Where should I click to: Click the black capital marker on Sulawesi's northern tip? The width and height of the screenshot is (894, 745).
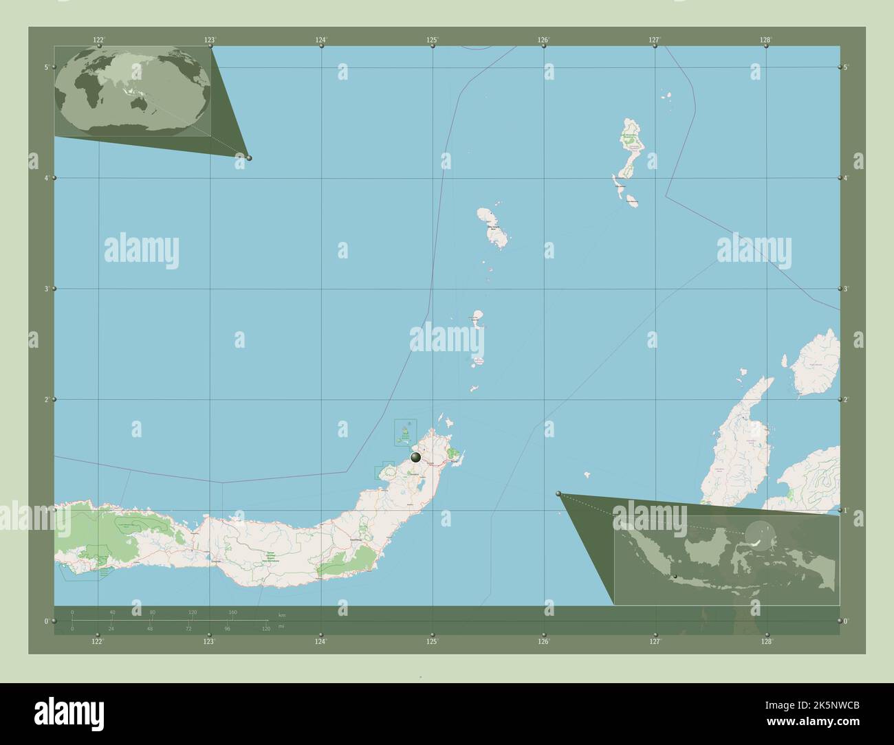(x=415, y=457)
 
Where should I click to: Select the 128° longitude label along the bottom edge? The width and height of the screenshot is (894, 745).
(x=766, y=641)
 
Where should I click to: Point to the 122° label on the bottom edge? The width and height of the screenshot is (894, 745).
(x=98, y=641)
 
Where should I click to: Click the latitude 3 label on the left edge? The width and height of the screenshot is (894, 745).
(x=46, y=289)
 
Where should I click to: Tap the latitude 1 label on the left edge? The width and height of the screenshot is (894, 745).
(x=46, y=510)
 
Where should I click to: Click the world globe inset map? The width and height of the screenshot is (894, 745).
(x=133, y=91)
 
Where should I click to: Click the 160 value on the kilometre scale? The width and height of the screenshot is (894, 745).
(x=232, y=612)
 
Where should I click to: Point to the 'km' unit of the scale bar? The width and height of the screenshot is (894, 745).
(x=281, y=614)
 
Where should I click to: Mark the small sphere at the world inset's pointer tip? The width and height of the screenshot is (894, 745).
(x=249, y=158)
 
